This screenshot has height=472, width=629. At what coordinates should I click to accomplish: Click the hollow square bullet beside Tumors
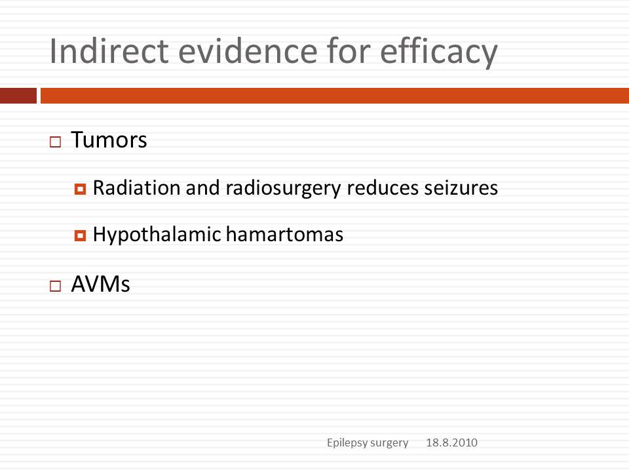[x=55, y=142]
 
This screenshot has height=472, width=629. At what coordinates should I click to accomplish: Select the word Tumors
[x=109, y=140]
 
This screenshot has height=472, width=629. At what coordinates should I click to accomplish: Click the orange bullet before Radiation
[x=80, y=189]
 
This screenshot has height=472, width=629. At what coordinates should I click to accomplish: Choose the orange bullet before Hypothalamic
[x=80, y=235]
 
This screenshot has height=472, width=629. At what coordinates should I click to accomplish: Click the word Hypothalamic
[x=157, y=235]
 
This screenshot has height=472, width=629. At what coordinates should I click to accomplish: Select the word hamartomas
[x=284, y=235]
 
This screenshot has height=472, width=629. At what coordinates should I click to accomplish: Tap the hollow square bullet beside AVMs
[x=55, y=286]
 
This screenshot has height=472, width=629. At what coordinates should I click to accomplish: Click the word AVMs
[x=101, y=284]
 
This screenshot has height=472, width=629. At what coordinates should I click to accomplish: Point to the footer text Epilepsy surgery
[x=368, y=442]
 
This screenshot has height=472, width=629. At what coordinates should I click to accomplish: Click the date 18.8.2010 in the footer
[x=451, y=442]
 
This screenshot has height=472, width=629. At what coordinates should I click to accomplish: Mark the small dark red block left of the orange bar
[x=18, y=96]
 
